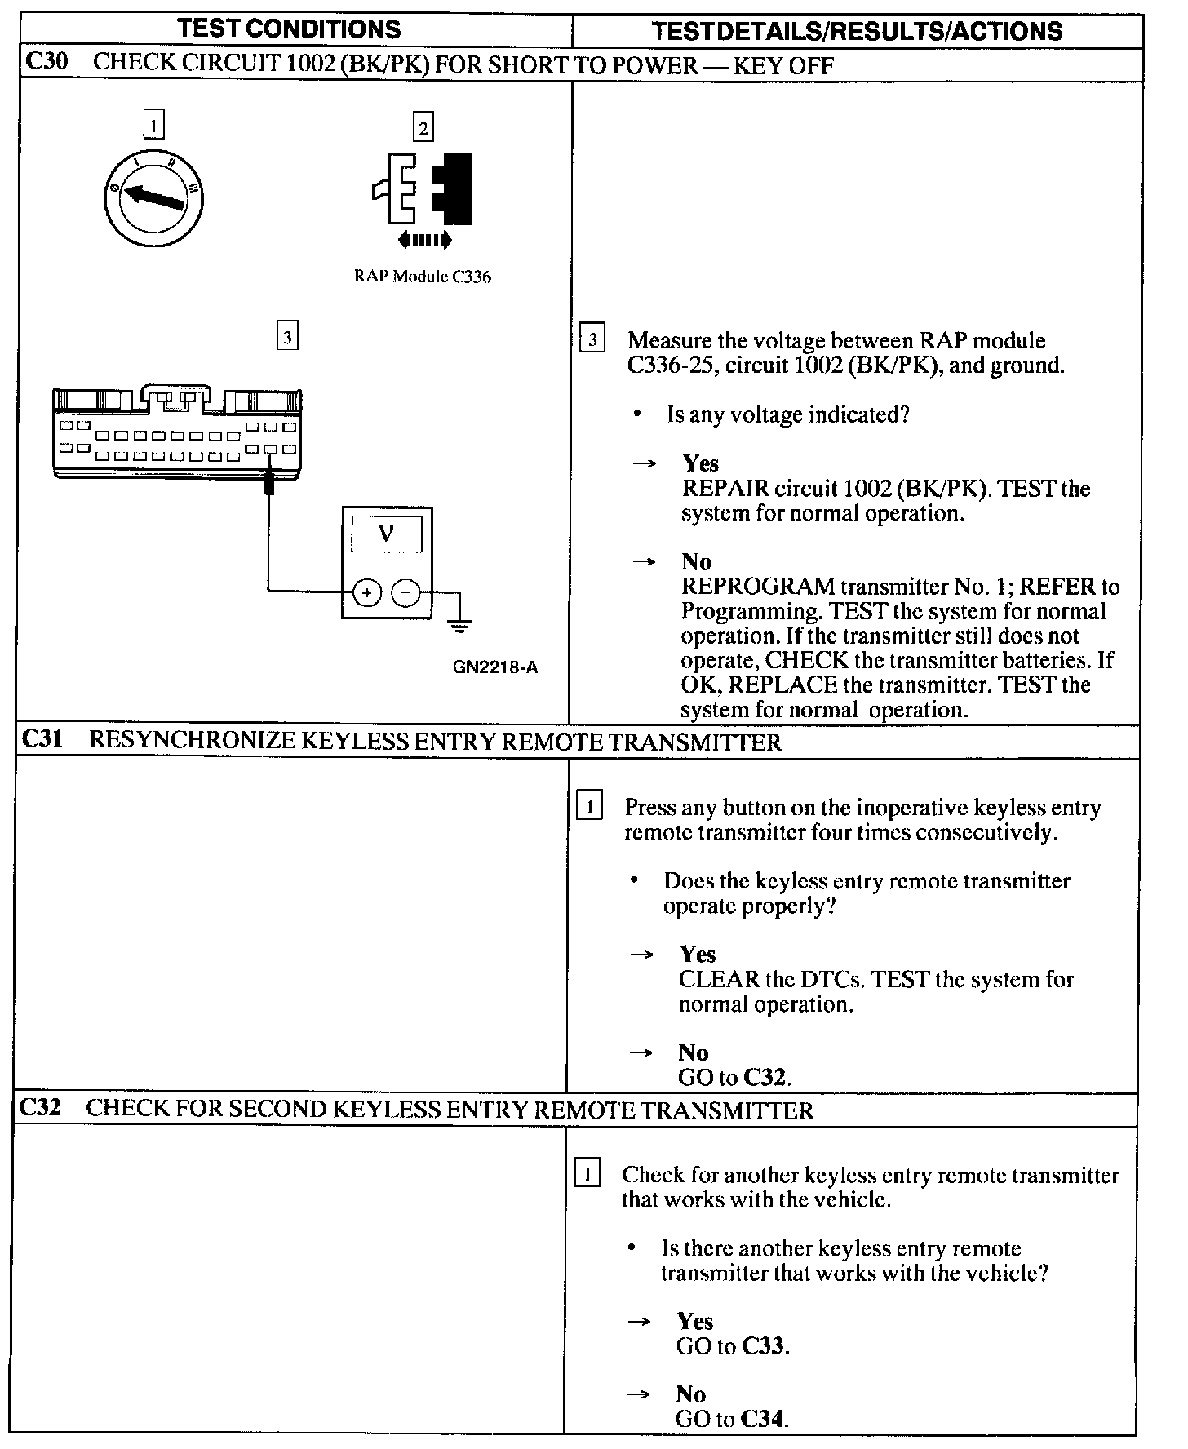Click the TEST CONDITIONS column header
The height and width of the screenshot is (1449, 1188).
point(290,29)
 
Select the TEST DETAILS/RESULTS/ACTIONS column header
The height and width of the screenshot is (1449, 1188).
point(857,31)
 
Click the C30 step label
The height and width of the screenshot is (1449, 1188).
point(47,64)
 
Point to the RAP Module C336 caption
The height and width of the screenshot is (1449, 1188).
point(422,277)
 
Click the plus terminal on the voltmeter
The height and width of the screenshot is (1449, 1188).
point(367,593)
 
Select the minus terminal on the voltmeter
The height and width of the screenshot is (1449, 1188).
point(406,593)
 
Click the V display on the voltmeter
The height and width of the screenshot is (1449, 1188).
point(387,534)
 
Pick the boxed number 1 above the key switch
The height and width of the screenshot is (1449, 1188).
point(153,126)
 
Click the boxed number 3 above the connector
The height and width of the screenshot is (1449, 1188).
point(287,336)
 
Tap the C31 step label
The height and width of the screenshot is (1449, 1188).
point(42,740)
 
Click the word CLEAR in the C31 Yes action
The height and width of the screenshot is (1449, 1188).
point(717,979)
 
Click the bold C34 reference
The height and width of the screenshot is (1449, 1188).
point(763,1420)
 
